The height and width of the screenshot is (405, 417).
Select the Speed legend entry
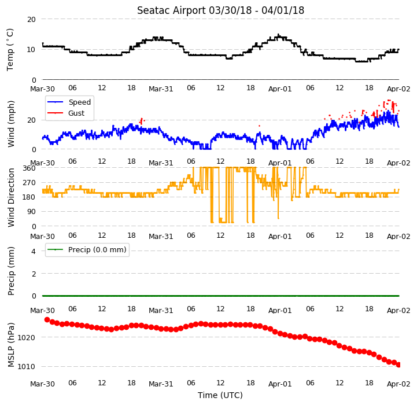click(69, 102)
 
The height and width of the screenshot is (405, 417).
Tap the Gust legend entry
click(66, 113)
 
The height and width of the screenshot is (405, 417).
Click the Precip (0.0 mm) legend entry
click(87, 249)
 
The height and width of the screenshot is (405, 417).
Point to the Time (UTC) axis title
click(220, 395)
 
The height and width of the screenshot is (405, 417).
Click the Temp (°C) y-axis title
click(10, 50)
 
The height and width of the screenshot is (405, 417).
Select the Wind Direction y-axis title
click(11, 197)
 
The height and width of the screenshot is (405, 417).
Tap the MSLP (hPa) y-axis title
click(11, 345)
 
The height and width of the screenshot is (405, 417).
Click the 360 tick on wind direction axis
click(29, 168)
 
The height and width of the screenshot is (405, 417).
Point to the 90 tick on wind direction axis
click(31, 212)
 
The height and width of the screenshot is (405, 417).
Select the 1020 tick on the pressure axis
click(27, 338)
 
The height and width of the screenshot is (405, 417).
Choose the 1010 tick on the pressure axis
click(27, 367)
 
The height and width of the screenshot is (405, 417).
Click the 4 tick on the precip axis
click(33, 251)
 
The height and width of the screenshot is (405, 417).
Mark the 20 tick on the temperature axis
click(31, 20)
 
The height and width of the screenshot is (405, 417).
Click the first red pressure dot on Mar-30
click(47, 319)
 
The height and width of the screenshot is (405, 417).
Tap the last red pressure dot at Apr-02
click(398, 365)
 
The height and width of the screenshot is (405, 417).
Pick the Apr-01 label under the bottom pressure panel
click(280, 384)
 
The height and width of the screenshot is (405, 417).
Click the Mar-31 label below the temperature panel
click(161, 89)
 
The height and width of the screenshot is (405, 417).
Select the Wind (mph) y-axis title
click(11, 124)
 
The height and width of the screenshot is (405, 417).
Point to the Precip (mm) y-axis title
click(11, 271)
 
